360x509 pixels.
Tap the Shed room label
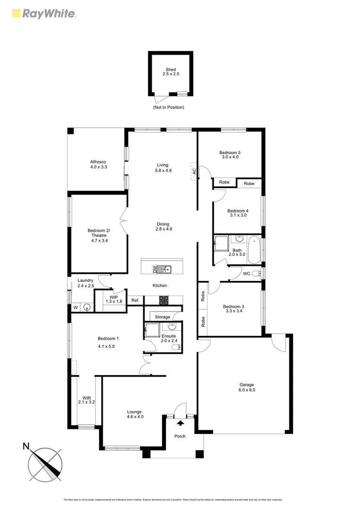pyautogui.click(x=171, y=70)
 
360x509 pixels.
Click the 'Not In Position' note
pyautogui.click(x=168, y=107)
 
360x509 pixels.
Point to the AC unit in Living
pyautogui.click(x=194, y=171)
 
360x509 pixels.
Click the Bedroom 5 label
pyautogui.click(x=229, y=152)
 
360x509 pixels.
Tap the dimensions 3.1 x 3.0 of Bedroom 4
pyautogui.click(x=237, y=215)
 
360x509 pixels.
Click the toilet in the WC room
pyautogui.click(x=255, y=273)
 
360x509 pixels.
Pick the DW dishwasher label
pyautogui.click(x=155, y=269)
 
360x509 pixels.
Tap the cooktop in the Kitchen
pyautogui.click(x=164, y=299)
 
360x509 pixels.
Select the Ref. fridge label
pyautogui.click(x=135, y=300)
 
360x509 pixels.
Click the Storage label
pyautogui.click(x=163, y=317)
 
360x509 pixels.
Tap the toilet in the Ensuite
pyautogui.click(x=175, y=347)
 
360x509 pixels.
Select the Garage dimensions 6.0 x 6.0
pyautogui.click(x=247, y=390)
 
